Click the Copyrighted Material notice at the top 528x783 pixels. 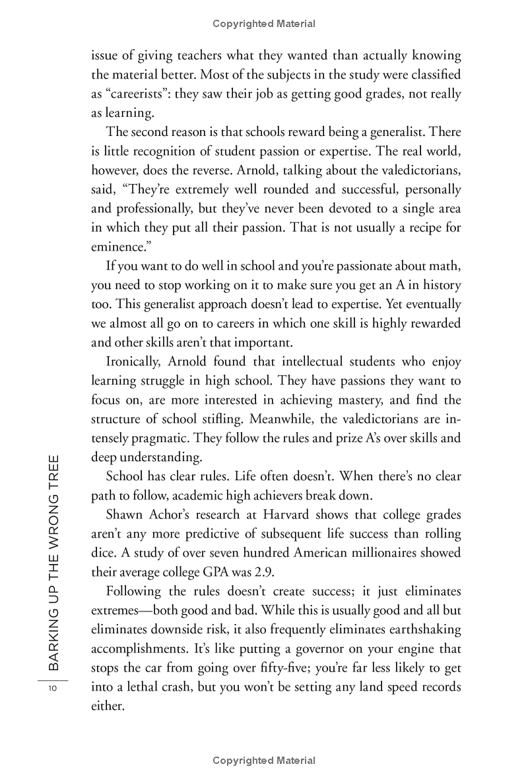264,24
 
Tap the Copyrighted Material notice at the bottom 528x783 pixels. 264,761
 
